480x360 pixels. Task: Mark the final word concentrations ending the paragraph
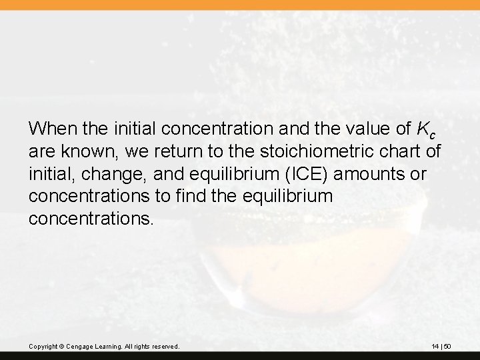coord(91,220)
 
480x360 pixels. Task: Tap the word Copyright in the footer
coord(43,347)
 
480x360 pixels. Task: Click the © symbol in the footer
coord(61,347)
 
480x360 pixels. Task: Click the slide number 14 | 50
coord(441,347)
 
